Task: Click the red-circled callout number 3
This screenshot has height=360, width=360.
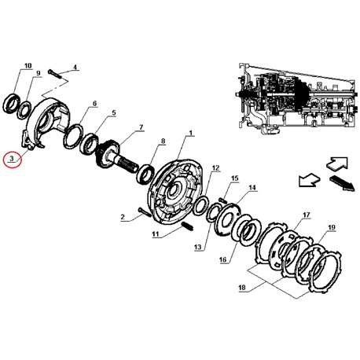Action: coord(12,159)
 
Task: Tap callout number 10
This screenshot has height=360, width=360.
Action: coord(28,65)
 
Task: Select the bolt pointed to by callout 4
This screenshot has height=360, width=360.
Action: coord(54,74)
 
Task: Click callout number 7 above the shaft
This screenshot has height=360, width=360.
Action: coord(141,127)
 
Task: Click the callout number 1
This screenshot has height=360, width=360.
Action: coord(190,133)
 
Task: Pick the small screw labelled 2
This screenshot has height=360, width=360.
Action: coord(144,211)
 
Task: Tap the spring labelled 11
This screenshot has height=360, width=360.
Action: coord(187,226)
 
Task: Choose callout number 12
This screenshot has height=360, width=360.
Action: coord(215,168)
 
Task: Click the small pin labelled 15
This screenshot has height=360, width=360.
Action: coord(223,200)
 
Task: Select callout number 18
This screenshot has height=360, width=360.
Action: coord(242,288)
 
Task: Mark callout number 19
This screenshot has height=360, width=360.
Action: coord(332,227)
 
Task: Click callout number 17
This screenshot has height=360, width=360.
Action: coord(307,215)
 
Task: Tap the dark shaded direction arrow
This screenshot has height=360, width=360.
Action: coord(343,183)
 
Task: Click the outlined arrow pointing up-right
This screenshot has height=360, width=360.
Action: coord(337,163)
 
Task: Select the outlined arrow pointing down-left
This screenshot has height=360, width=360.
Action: coord(309,180)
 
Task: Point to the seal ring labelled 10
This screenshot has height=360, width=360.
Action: coord(12,104)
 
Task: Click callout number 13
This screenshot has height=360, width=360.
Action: coord(198,247)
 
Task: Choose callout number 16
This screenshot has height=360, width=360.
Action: coord(222,259)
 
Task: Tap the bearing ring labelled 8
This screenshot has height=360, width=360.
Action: coord(145,173)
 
